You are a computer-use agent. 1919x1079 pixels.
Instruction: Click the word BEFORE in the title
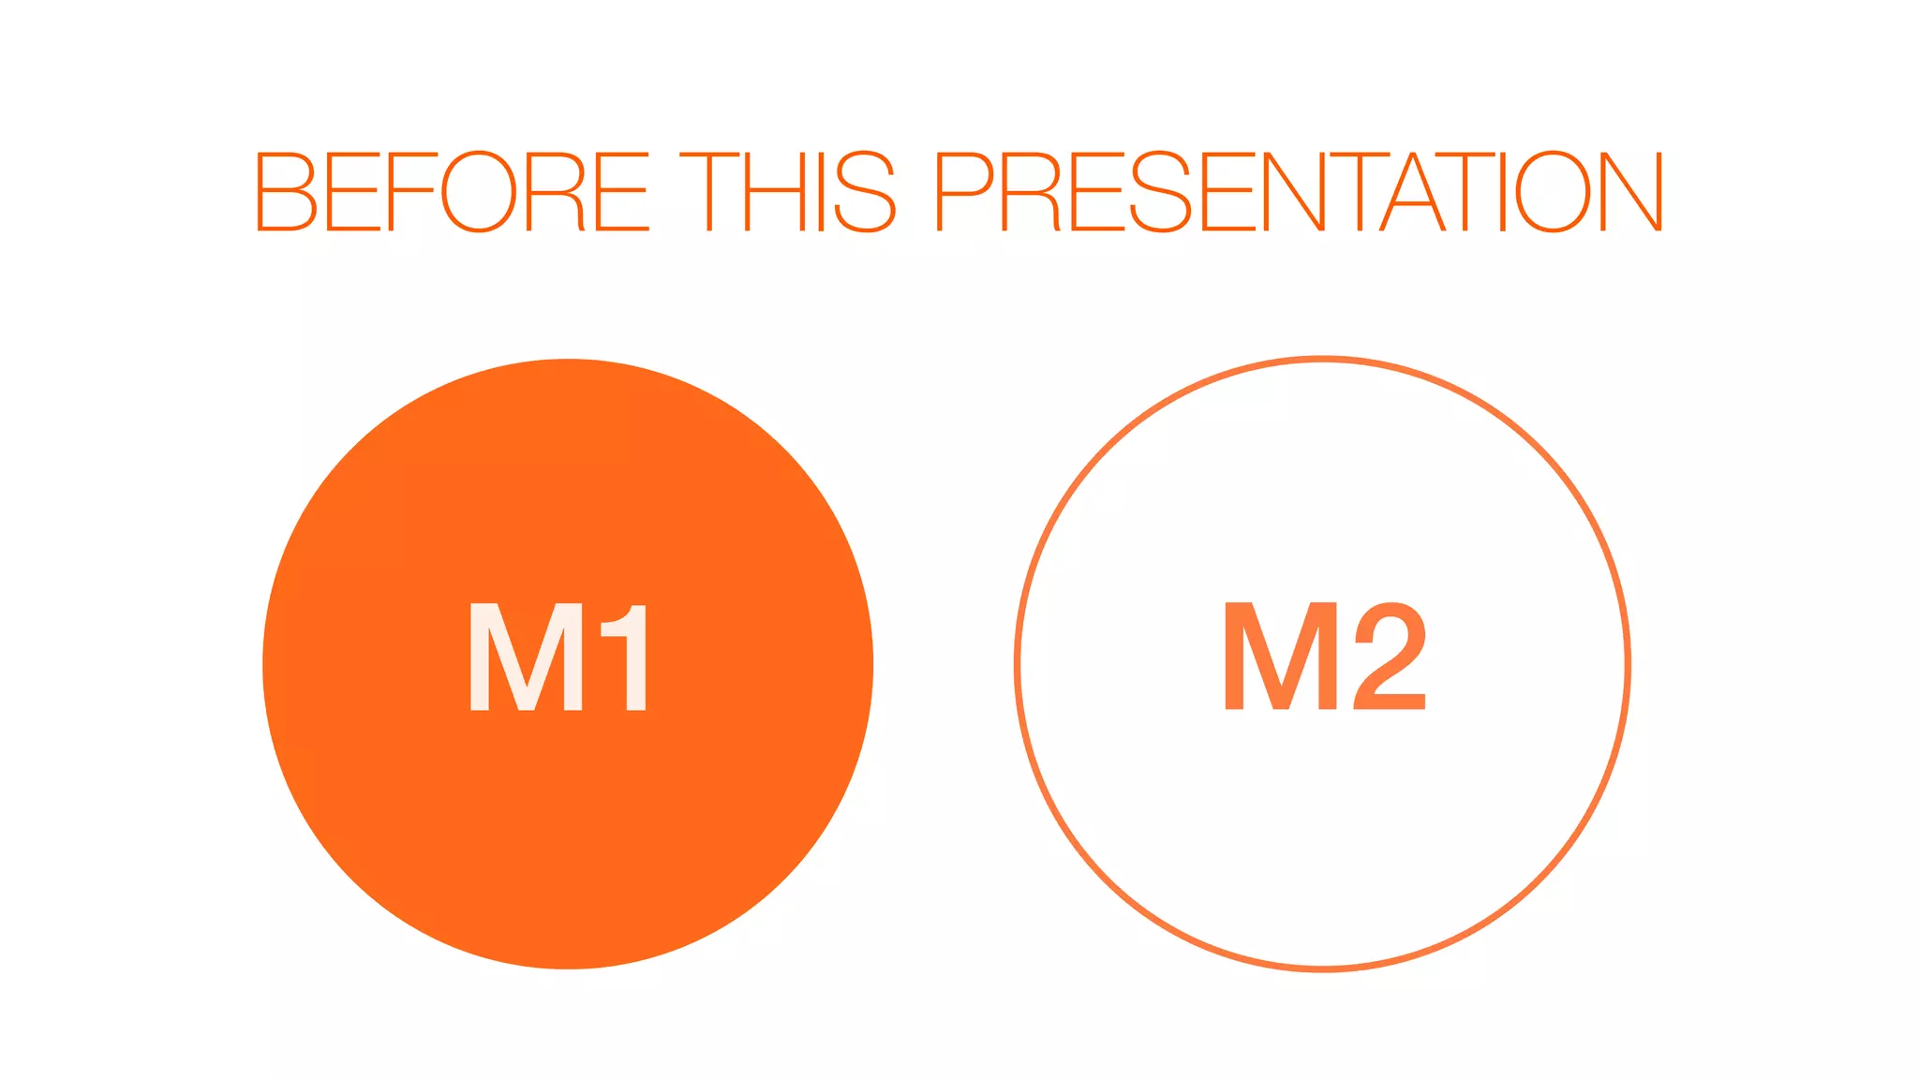pos(452,191)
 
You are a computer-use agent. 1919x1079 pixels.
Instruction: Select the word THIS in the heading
pos(787,191)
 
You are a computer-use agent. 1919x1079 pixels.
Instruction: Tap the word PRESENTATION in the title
pos(1299,191)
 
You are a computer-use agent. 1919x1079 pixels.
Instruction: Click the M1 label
pos(558,657)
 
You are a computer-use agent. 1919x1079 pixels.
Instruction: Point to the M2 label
pos(1324,656)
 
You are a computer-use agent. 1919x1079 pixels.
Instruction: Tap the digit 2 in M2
pos(1390,656)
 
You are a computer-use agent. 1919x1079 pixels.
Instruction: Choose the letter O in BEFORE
pos(478,191)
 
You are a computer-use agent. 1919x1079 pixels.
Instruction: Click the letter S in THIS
pos(864,191)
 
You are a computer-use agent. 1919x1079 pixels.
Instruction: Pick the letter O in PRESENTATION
pos(1553,191)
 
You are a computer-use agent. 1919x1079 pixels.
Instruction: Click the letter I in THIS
pos(821,191)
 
